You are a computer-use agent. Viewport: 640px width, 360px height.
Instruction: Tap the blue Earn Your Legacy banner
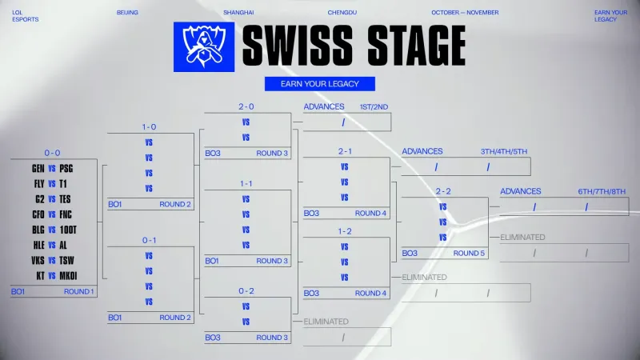(x=319, y=83)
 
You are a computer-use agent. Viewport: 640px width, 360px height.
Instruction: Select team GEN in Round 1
(x=38, y=169)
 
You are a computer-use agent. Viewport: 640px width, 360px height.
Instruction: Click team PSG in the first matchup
(x=66, y=169)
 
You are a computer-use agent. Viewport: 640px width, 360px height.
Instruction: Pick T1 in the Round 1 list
(x=63, y=184)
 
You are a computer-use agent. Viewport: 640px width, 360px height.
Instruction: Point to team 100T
(x=67, y=230)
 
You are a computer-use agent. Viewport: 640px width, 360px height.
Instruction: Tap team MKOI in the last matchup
(x=68, y=275)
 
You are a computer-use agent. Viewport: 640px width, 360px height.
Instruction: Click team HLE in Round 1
(x=38, y=245)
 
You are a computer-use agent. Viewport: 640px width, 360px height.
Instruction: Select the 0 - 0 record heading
(x=52, y=153)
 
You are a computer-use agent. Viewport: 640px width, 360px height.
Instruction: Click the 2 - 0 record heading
(x=246, y=106)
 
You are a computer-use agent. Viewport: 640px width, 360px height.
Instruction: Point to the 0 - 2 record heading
(x=246, y=290)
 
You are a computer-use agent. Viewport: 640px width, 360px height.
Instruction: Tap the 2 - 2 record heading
(x=443, y=191)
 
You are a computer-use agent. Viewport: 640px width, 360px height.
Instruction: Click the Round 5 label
(x=470, y=254)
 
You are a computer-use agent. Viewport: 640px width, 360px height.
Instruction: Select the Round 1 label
(x=79, y=292)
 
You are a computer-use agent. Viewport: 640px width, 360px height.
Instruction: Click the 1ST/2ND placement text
(x=374, y=106)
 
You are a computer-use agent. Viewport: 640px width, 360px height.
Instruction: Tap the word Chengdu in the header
(x=342, y=13)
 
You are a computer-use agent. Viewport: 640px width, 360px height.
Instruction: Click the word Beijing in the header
(x=127, y=13)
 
